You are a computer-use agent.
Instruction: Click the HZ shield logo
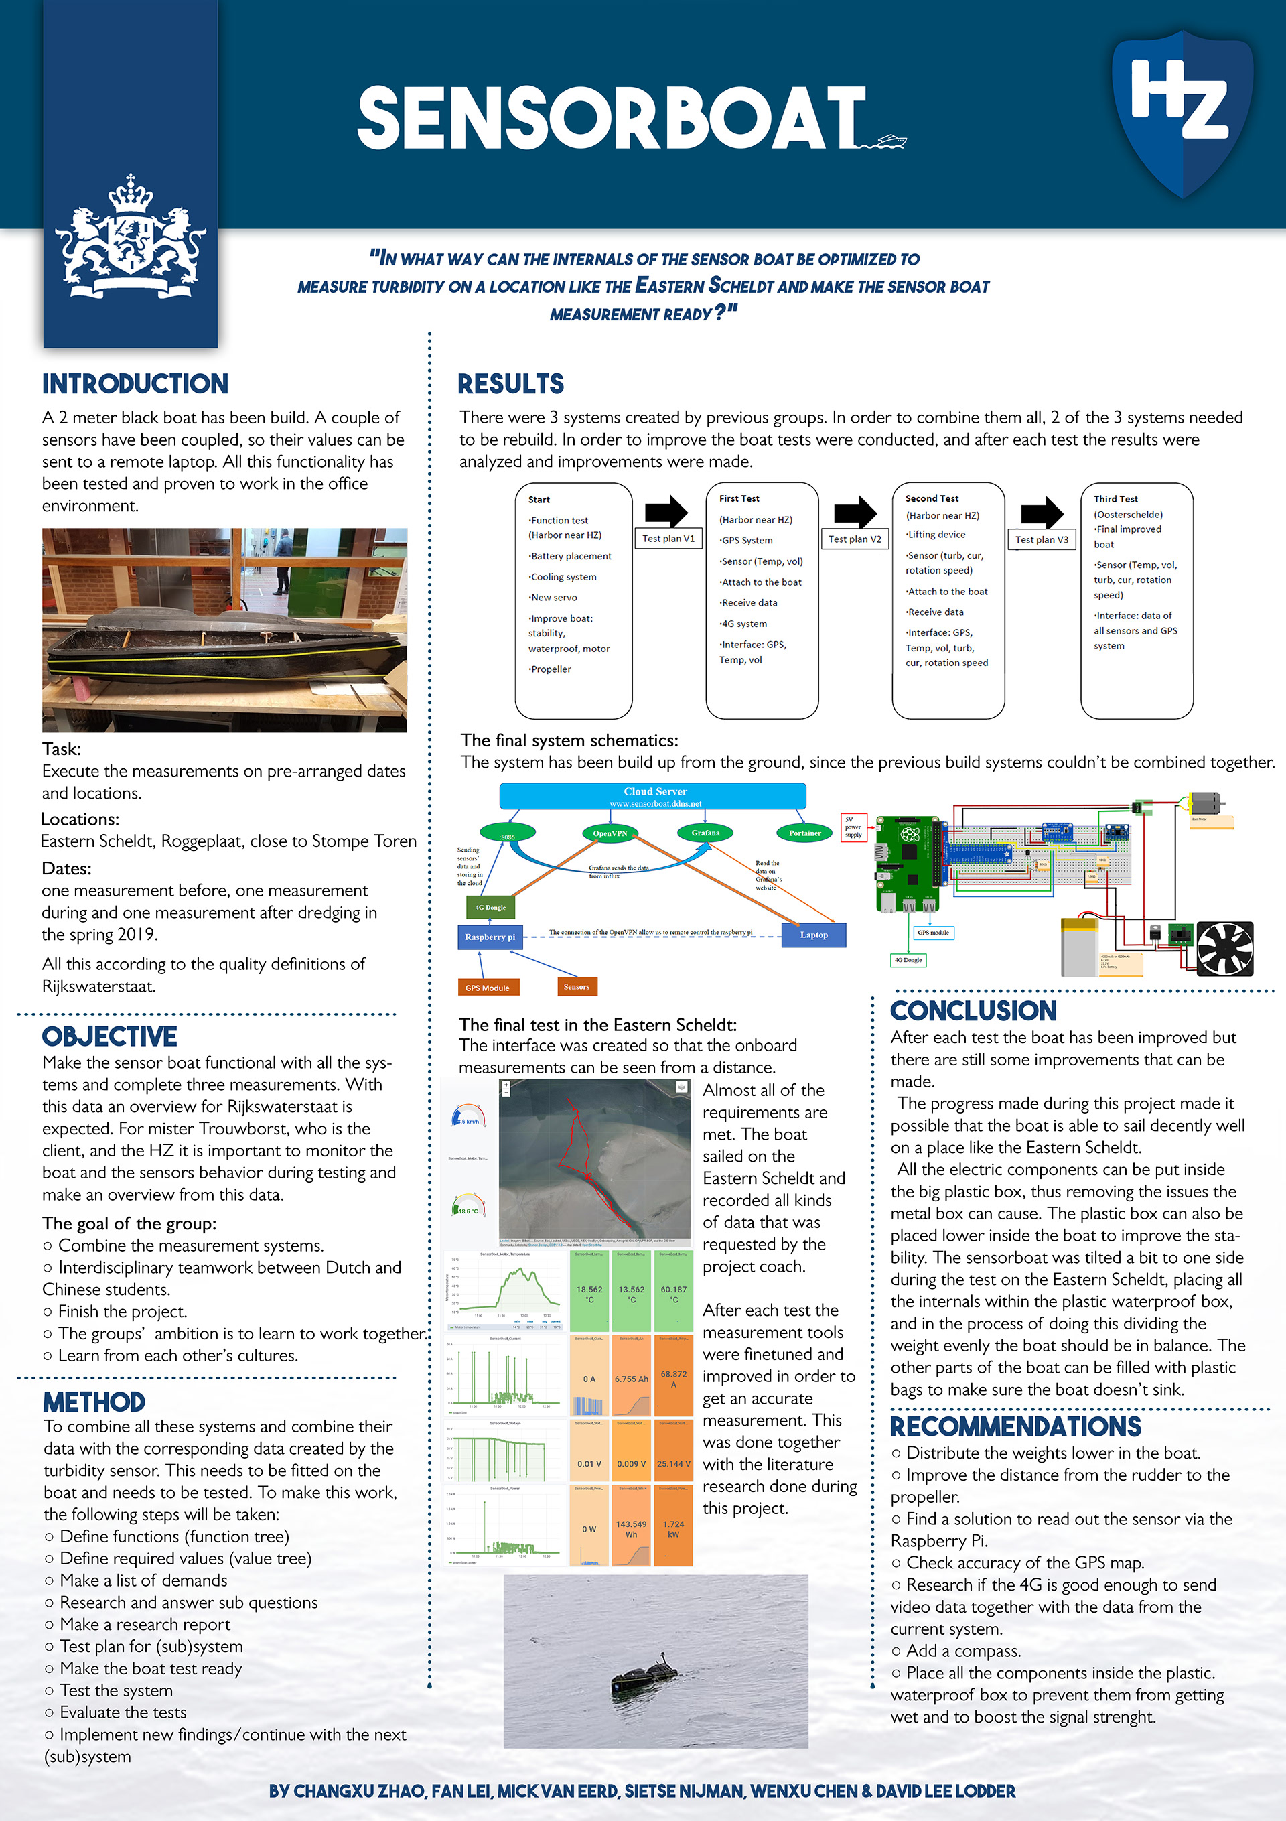1182,111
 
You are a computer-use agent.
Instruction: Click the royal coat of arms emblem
130,239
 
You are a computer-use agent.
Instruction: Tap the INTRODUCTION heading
135,384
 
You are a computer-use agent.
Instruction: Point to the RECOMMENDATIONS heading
1015,1426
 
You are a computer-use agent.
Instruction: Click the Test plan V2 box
855,539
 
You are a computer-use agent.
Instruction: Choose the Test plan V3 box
1042,540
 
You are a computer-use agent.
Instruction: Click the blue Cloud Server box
652,795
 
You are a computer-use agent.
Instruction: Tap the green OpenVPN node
610,833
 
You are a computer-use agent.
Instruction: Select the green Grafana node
705,833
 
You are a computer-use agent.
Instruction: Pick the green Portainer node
804,833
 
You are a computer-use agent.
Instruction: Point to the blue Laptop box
814,935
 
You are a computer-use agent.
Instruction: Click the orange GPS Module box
488,988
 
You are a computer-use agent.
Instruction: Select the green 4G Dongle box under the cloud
490,907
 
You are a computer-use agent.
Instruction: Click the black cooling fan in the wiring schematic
1224,948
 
